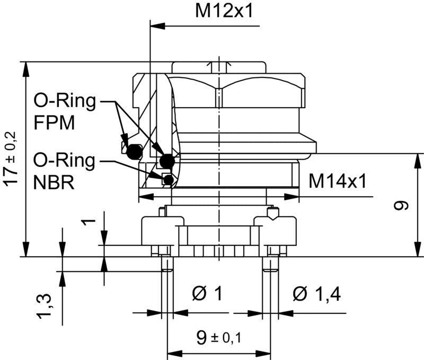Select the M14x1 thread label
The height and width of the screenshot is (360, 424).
pos(338,181)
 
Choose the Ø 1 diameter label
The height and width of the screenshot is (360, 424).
pos(207,293)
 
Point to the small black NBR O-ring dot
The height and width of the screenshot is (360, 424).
pos(168,180)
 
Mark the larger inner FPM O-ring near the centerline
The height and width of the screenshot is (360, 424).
pos(168,160)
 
